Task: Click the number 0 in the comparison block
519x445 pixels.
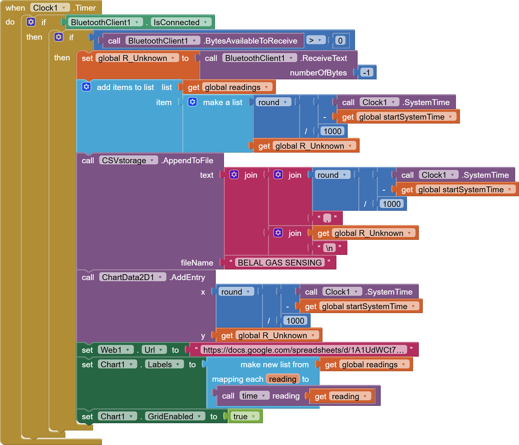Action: [340, 41]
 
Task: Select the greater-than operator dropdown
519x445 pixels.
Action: [316, 40]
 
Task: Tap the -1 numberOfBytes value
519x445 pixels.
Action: [366, 73]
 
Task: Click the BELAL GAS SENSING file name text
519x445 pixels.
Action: [280, 263]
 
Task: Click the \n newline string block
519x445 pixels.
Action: [329, 248]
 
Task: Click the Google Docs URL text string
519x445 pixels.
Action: [303, 350]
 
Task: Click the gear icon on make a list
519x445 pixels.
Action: [192, 102]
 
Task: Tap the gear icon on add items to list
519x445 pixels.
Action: [86, 87]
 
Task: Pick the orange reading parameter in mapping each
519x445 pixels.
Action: [282, 379]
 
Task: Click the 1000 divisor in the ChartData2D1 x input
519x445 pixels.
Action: [295, 321]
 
